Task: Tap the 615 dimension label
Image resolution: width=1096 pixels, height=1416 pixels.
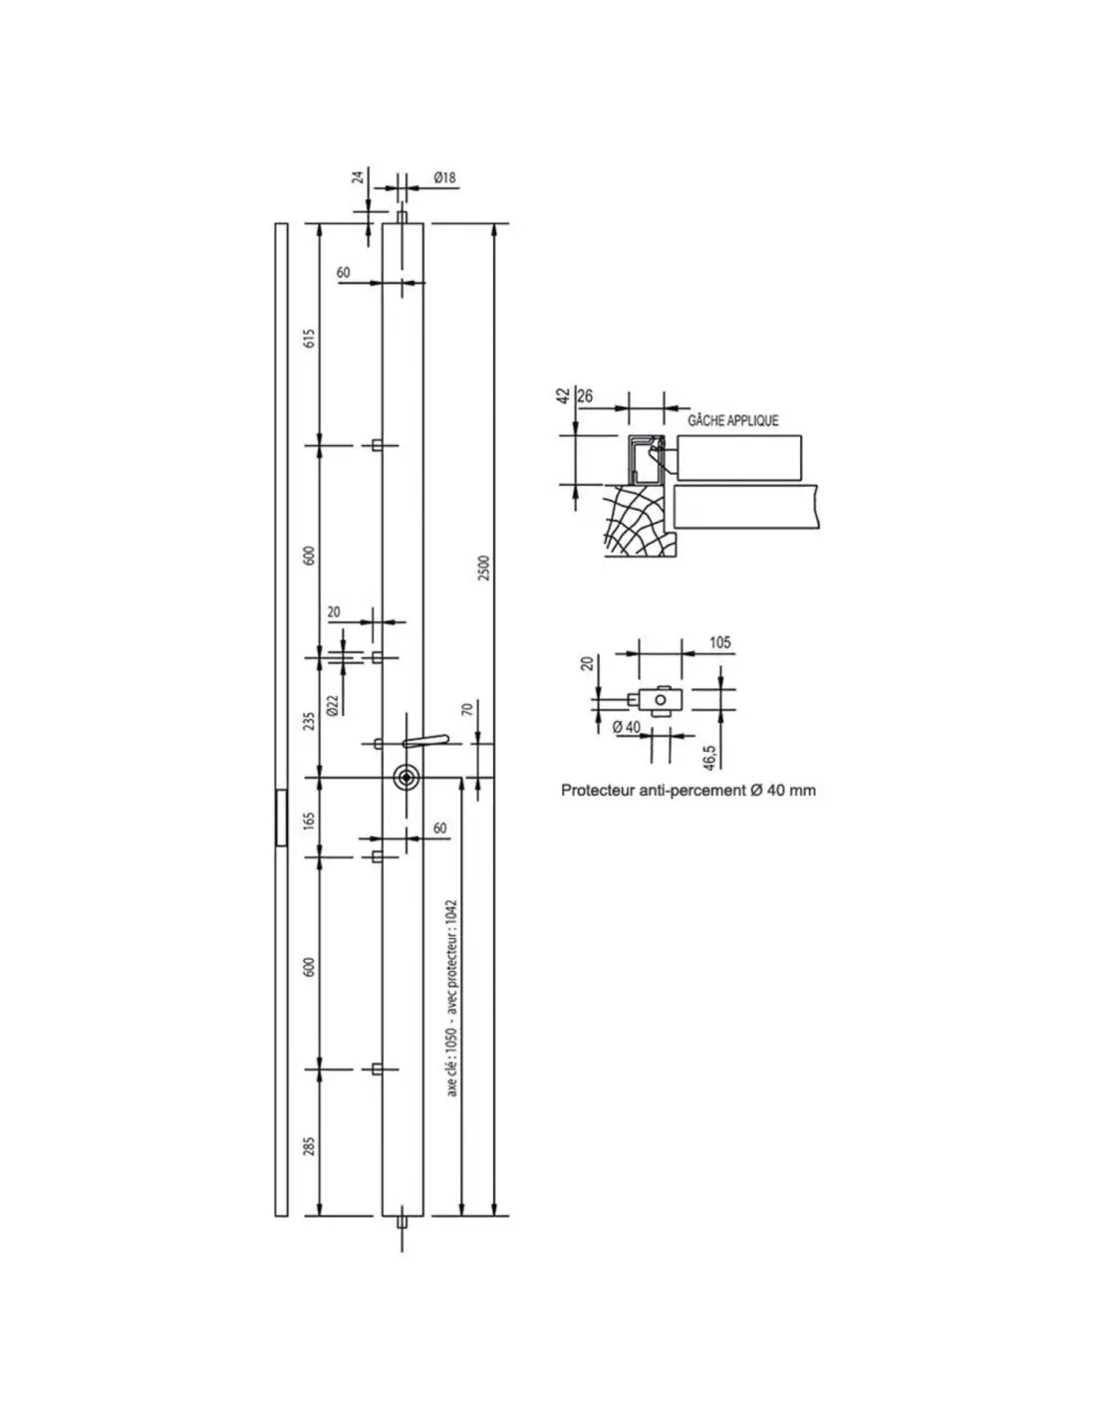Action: (309, 338)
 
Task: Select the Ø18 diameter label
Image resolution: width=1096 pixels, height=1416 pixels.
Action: (444, 177)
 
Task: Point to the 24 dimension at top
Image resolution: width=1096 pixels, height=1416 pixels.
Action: (359, 176)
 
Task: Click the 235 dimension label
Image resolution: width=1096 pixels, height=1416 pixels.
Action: (309, 721)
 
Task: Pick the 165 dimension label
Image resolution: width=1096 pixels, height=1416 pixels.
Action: (309, 820)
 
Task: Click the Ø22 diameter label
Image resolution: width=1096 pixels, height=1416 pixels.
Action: (333, 705)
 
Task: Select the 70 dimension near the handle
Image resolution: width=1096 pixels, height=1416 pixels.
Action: (467, 709)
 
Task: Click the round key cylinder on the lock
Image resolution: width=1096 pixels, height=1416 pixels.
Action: (407, 777)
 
